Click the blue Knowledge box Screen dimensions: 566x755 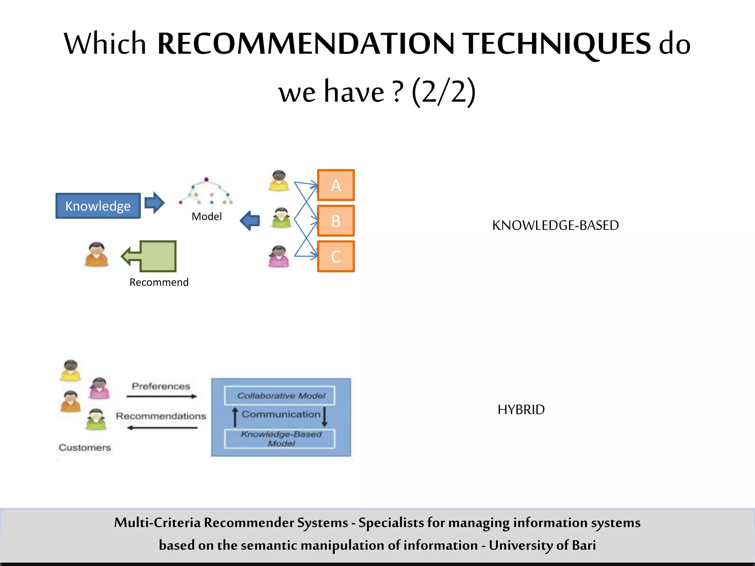tap(98, 206)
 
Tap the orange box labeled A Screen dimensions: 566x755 tap(335, 185)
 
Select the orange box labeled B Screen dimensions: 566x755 tap(335, 221)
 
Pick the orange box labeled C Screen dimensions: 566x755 tap(335, 256)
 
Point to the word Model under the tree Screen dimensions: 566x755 tap(206, 216)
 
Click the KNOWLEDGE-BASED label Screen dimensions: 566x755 tap(555, 225)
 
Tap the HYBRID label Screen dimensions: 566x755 tap(521, 409)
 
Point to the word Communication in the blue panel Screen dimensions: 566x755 tap(281, 414)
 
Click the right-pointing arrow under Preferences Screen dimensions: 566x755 tap(161, 396)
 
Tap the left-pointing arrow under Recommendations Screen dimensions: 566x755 tap(161, 428)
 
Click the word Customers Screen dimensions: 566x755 tap(85, 447)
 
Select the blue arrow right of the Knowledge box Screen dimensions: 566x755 tap(154, 203)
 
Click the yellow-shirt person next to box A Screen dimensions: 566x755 tap(279, 181)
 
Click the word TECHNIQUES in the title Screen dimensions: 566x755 tap(557, 43)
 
